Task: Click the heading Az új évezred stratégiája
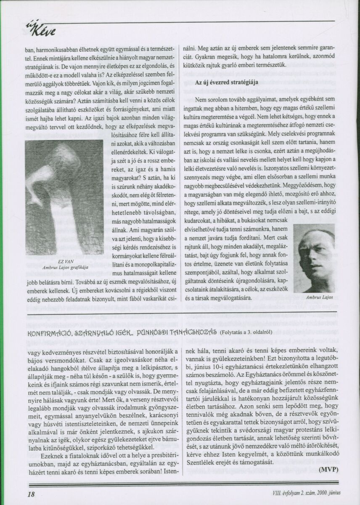tap(227, 82)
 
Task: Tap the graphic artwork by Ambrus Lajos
tap(64, 198)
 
